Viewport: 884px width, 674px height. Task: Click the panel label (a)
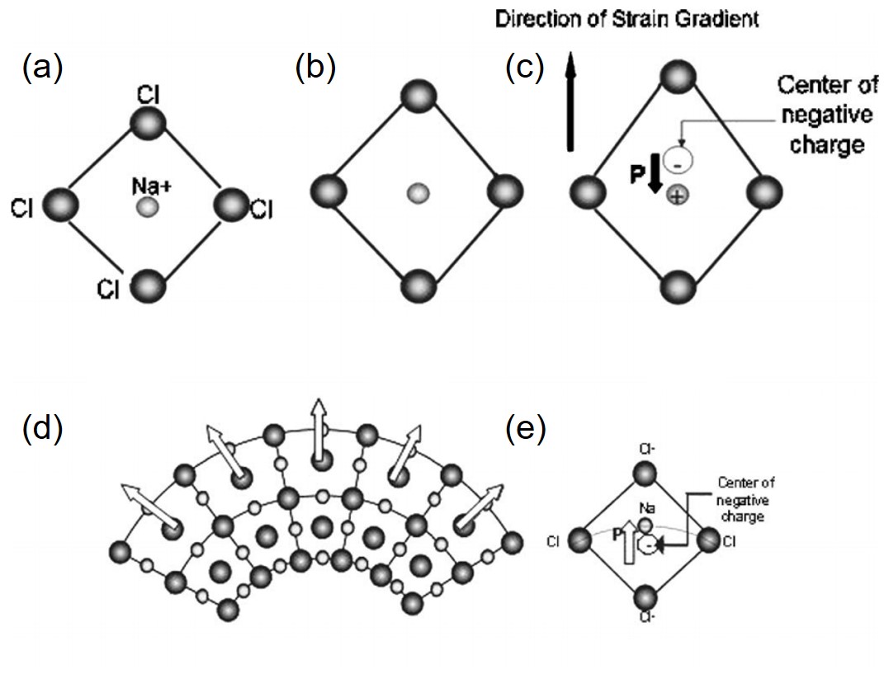click(41, 69)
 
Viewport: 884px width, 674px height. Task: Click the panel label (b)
click(315, 69)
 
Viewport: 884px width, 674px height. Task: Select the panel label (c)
click(525, 69)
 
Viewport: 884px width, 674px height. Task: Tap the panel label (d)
click(41, 430)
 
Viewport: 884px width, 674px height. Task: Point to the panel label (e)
click(525, 430)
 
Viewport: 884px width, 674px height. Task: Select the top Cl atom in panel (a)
click(149, 125)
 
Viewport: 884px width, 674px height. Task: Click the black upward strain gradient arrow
click(569, 99)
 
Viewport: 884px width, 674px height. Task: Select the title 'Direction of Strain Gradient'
click(626, 19)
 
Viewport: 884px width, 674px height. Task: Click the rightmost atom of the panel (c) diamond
click(763, 192)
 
